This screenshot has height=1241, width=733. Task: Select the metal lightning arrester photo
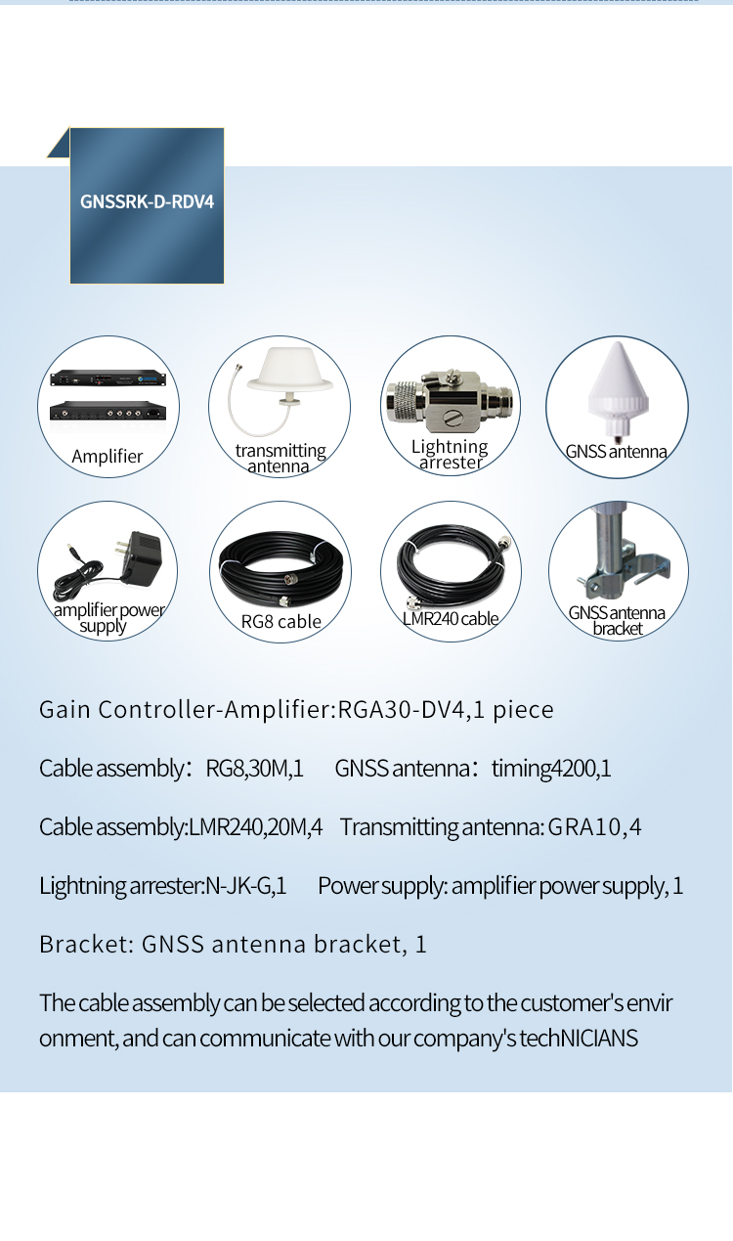(x=451, y=400)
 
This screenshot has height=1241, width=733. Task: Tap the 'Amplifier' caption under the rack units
(x=108, y=457)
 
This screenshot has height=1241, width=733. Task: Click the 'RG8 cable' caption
(x=280, y=622)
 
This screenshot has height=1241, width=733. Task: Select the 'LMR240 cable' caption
(x=451, y=618)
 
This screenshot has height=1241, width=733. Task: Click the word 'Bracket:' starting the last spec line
(x=86, y=945)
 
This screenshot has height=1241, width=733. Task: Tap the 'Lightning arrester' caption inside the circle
(x=450, y=454)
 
